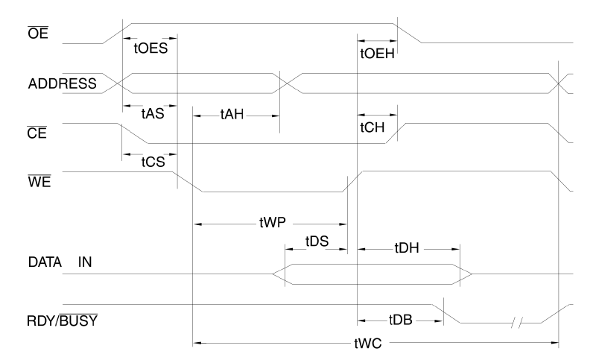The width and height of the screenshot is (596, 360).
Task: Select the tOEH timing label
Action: click(x=377, y=54)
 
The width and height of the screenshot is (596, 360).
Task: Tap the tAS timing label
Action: click(x=152, y=116)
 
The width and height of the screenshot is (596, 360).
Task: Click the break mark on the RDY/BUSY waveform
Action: click(x=519, y=323)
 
